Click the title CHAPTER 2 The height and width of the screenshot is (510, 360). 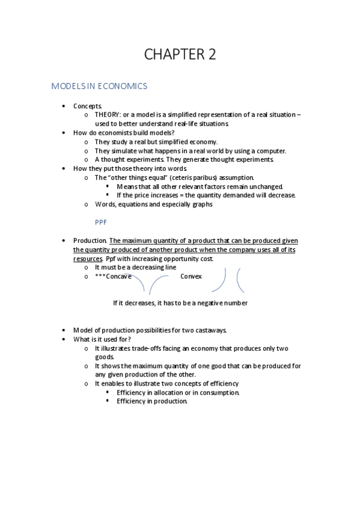click(x=180, y=54)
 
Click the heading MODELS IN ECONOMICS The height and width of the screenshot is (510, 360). click(x=99, y=86)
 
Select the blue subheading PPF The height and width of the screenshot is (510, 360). click(x=100, y=221)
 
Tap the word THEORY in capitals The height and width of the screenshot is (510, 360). click(x=107, y=114)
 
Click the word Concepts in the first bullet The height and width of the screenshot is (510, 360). click(x=88, y=105)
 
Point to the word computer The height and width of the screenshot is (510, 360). click(x=272, y=150)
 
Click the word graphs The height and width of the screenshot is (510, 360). click(x=201, y=204)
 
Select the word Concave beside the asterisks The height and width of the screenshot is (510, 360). click(x=118, y=277)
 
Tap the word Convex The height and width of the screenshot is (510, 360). click(x=191, y=277)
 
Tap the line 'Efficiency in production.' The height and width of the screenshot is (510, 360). click(x=152, y=402)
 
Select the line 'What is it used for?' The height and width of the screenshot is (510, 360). click(x=102, y=339)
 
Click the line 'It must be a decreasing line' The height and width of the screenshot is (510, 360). click(x=136, y=268)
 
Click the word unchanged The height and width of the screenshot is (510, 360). click(x=264, y=186)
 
